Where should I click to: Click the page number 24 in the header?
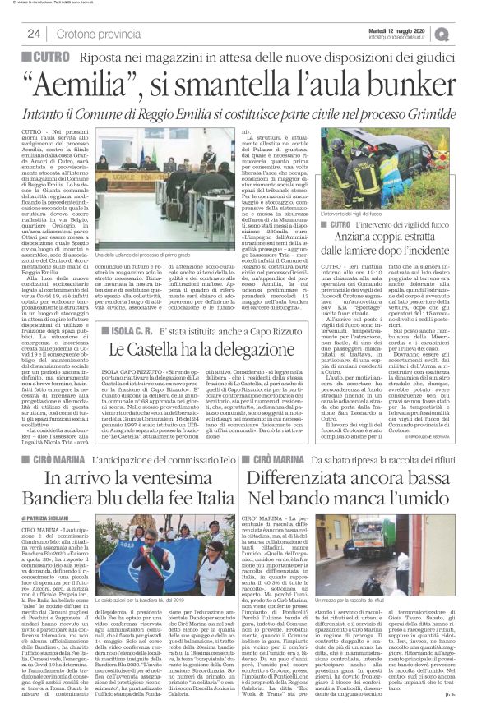click(35, 34)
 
